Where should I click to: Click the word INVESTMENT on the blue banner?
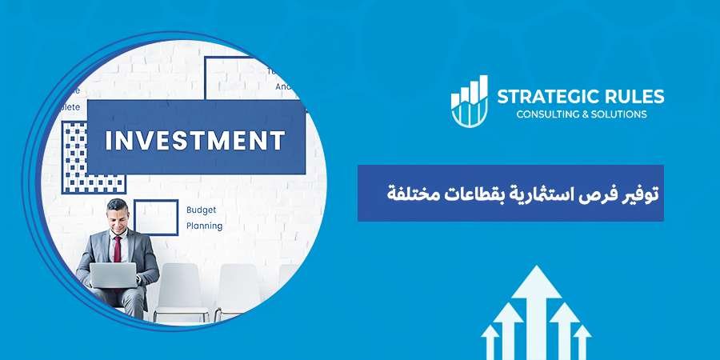(x=196, y=141)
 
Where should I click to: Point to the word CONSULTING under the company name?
(x=546, y=114)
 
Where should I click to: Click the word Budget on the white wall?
(x=201, y=210)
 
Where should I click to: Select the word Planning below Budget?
(x=205, y=226)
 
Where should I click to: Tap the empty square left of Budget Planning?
(x=155, y=217)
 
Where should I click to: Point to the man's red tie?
(x=117, y=248)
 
